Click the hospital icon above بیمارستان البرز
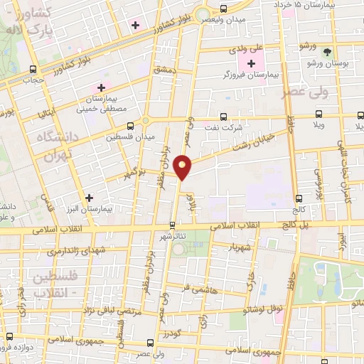click(x=89, y=198)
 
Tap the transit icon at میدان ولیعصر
click(x=224, y=9)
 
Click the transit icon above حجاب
click(x=33, y=69)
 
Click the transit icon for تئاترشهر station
click(x=171, y=226)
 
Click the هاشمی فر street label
click(x=198, y=287)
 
